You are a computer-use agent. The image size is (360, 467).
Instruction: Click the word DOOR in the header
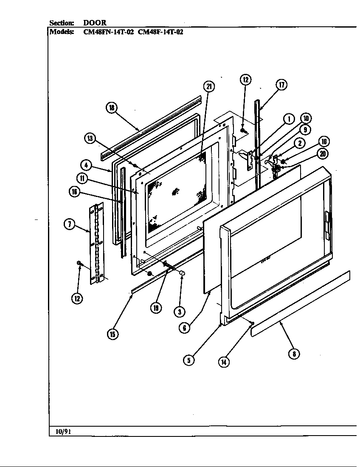[x=95, y=23]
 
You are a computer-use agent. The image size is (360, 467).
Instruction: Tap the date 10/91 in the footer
[x=63, y=431]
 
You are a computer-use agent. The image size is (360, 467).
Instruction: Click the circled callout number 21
[x=208, y=87]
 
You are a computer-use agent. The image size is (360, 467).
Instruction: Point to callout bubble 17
[x=281, y=84]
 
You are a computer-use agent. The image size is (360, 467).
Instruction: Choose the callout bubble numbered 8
[x=293, y=353]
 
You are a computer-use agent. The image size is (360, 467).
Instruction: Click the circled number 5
[x=189, y=360]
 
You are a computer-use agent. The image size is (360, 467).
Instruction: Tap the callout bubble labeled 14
[x=224, y=361]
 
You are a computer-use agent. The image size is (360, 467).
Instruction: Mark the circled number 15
[x=112, y=334]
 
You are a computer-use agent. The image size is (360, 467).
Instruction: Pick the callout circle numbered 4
[x=86, y=165]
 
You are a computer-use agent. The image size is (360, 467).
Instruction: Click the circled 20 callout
[x=323, y=154]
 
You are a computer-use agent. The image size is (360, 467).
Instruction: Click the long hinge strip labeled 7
[x=97, y=244]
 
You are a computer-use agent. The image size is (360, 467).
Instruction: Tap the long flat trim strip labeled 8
[x=301, y=303]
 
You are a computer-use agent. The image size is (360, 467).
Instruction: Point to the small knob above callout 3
[x=182, y=272]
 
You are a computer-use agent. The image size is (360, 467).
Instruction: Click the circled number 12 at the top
[x=245, y=79]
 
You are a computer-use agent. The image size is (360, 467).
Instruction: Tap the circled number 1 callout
[x=289, y=119]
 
